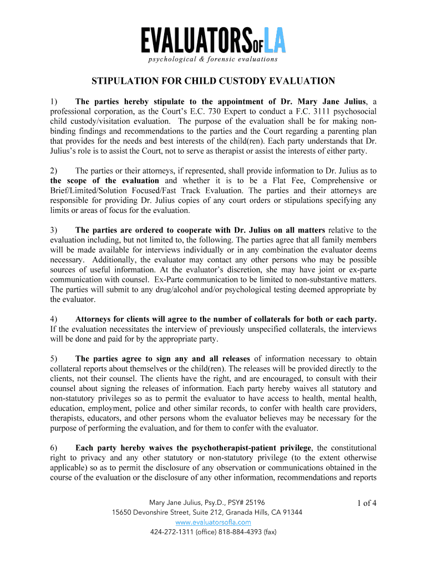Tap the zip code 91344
coord(291,513)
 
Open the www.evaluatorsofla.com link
coord(213,523)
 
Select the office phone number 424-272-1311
coord(172,532)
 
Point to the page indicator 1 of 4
coord(367,503)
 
